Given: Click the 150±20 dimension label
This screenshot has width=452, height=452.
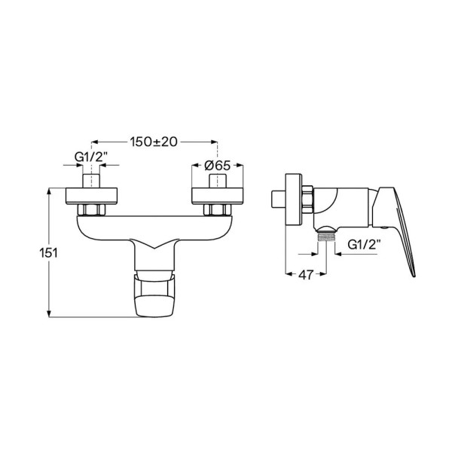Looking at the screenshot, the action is pos(154,142).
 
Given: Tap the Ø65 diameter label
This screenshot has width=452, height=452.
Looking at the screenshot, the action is pos(218,166).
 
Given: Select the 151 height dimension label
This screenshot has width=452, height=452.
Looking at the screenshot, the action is pos(48,253).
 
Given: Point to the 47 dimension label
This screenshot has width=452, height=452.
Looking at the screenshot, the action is pos(306,275).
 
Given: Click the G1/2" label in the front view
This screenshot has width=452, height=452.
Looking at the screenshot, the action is pos(91,157).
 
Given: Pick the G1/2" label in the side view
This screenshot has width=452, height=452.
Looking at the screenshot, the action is pos(364,245).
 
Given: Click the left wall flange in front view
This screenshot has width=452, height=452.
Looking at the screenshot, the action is pos(91,196).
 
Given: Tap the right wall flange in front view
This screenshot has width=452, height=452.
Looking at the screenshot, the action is pos(218,196).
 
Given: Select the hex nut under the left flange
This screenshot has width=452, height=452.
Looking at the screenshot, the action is pos(91,209).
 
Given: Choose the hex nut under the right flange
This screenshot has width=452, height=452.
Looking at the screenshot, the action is pos(218,209).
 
